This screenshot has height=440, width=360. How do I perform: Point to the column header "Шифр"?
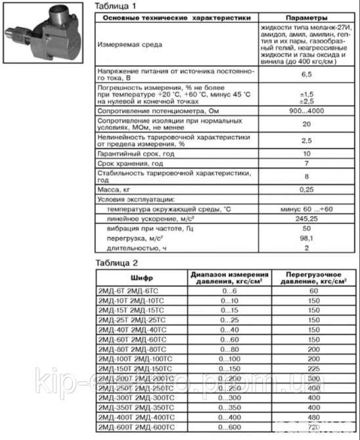(x=141, y=278)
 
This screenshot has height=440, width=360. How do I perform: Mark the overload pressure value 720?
(x=313, y=428)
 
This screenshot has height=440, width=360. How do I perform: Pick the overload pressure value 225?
(x=313, y=369)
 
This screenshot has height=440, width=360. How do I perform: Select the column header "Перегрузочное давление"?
(x=313, y=278)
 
